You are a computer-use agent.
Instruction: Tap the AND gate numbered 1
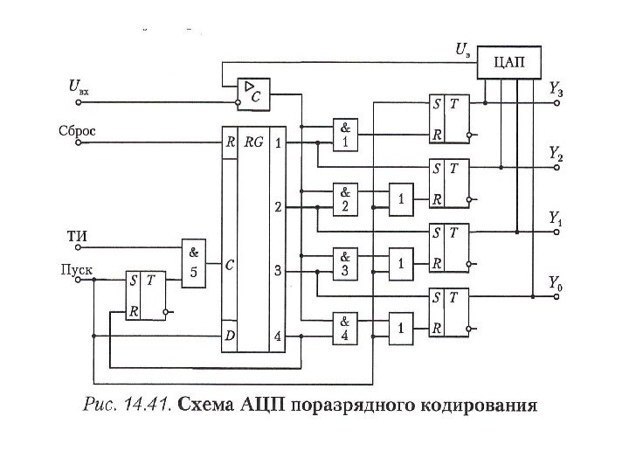click(x=345, y=135)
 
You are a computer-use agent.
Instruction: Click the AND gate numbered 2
click(x=345, y=199)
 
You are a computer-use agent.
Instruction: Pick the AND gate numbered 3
click(x=345, y=263)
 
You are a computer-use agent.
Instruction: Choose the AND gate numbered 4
click(x=345, y=326)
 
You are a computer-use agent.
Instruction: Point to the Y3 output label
click(x=556, y=88)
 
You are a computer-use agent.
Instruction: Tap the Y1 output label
click(x=556, y=217)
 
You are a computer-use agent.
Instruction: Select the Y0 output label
click(x=556, y=281)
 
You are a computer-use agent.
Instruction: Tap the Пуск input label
click(x=75, y=267)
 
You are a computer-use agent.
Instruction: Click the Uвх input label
click(x=77, y=87)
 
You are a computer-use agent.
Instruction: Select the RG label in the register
click(x=254, y=142)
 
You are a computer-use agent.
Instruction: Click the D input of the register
click(x=229, y=335)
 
